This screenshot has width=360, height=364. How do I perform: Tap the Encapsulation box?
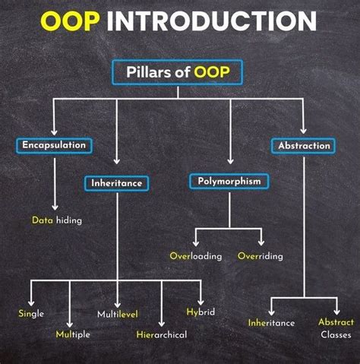(53, 144)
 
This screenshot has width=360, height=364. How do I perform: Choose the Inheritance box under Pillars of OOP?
(116, 183)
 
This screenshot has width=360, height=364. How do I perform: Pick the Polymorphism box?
(229, 182)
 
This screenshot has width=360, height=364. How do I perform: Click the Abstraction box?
(305, 145)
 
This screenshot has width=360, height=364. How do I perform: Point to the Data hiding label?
(56, 220)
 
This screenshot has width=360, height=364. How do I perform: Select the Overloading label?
(196, 256)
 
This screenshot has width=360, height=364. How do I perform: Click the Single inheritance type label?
(31, 313)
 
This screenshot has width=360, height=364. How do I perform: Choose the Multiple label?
(73, 334)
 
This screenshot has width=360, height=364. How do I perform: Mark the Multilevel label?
(117, 314)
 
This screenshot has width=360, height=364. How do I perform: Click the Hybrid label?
(201, 312)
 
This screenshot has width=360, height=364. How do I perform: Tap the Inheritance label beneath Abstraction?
(271, 323)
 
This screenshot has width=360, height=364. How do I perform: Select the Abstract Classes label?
(336, 328)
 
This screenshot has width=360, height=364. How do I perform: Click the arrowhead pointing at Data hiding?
(55, 207)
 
